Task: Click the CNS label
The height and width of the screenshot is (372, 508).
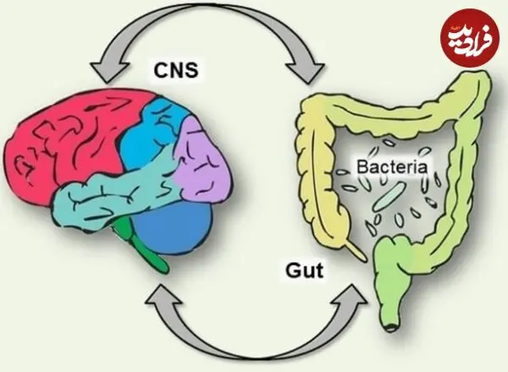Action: point(175,70)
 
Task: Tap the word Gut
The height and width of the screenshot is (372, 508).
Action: point(305,271)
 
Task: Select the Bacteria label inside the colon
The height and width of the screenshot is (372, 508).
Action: point(392,167)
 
